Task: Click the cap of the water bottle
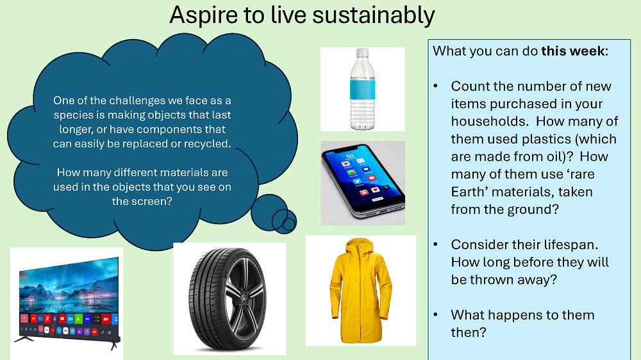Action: pyautogui.click(x=362, y=53)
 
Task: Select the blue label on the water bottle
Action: pyautogui.click(x=362, y=90)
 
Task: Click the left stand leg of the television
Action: pyautogui.click(x=25, y=339)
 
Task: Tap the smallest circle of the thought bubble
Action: pyautogui.click(x=288, y=224)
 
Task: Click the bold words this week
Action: pyautogui.click(x=572, y=51)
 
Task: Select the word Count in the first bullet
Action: pyautogui.click(x=470, y=86)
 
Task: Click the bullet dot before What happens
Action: pyautogui.click(x=436, y=315)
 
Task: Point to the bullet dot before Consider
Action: pyautogui.click(x=436, y=244)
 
